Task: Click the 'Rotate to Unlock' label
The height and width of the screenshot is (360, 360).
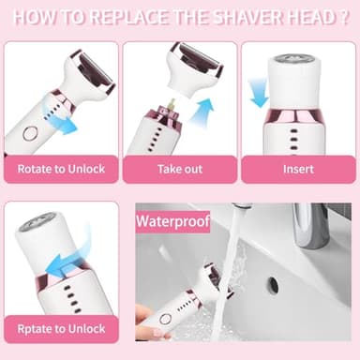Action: [61, 171]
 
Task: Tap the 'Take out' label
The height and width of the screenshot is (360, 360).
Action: [178, 171]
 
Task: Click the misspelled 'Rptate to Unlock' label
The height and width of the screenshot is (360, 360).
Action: [61, 329]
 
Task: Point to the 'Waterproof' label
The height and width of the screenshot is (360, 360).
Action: [172, 223]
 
